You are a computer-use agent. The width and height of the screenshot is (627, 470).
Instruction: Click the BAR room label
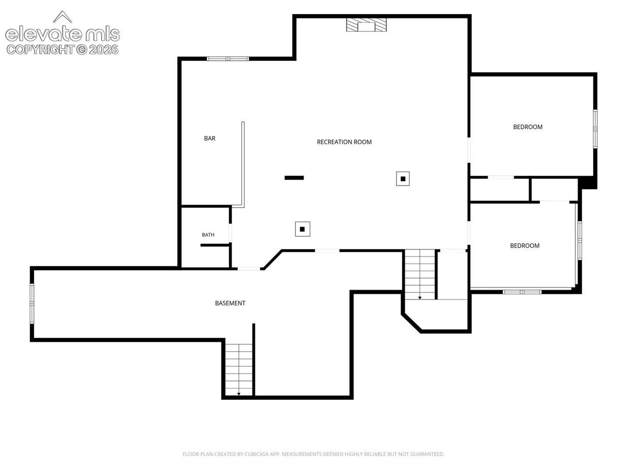pyautogui.click(x=209, y=138)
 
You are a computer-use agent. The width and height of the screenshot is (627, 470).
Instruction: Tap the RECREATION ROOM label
pyautogui.click(x=344, y=142)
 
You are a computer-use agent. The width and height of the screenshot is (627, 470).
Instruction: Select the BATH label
pyautogui.click(x=208, y=235)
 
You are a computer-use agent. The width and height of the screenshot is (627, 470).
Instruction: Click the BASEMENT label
pyautogui.click(x=230, y=303)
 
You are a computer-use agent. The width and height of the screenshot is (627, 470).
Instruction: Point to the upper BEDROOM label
pyautogui.click(x=528, y=127)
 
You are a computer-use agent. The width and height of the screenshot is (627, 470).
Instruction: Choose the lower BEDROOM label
pyautogui.click(x=524, y=245)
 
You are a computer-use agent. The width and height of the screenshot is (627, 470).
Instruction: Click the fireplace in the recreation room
pyautogui.click(x=366, y=25)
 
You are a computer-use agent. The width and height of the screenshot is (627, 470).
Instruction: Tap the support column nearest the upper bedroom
pyautogui.click(x=402, y=178)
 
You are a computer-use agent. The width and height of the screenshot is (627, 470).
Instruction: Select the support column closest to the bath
pyautogui.click(x=302, y=229)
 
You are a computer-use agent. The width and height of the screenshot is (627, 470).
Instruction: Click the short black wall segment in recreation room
pyautogui.click(x=294, y=178)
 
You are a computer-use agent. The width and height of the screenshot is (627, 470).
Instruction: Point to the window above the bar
pyautogui.click(x=228, y=59)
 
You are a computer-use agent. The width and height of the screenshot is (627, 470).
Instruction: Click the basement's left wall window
pyautogui.click(x=32, y=304)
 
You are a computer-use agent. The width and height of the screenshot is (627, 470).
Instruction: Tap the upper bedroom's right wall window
pyautogui.click(x=595, y=129)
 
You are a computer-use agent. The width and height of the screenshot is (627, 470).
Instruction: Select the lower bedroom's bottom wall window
pyautogui.click(x=522, y=292)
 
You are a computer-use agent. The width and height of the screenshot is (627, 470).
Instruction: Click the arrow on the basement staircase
pyautogui.click(x=239, y=394)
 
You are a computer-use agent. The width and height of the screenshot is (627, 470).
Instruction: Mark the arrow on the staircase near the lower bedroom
pyautogui.click(x=420, y=298)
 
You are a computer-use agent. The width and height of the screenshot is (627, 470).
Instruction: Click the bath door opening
pyautogui.click(x=230, y=233)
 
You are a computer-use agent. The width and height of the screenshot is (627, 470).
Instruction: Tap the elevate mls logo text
pyautogui.click(x=62, y=34)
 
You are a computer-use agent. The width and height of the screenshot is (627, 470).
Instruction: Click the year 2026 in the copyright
pyautogui.click(x=103, y=50)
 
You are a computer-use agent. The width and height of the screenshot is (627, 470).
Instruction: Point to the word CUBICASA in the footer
pyautogui.click(x=256, y=454)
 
